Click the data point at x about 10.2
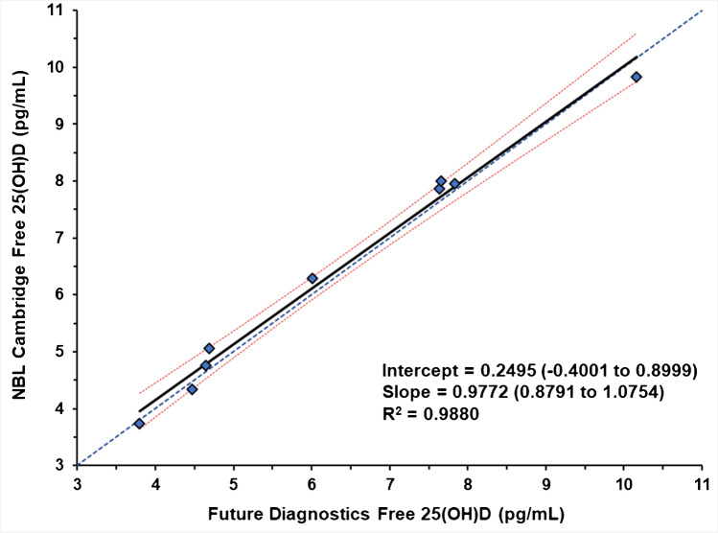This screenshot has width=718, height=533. pos(636,77)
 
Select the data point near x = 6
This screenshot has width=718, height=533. pos(312,278)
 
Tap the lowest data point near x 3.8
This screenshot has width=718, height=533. pos(139,423)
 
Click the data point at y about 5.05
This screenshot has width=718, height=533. pos(209,348)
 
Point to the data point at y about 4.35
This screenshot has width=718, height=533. pos(192,388)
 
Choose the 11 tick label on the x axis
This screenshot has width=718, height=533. pos(702,484)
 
